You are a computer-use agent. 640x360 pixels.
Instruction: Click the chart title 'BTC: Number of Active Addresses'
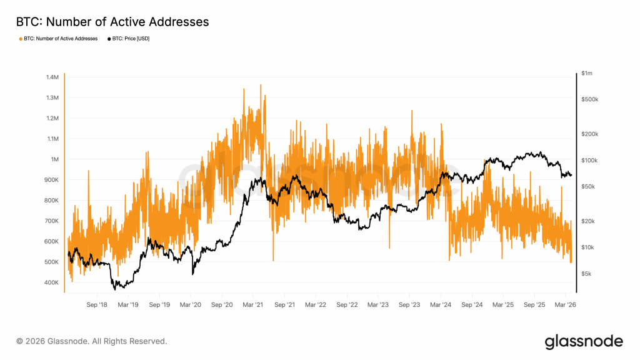112,22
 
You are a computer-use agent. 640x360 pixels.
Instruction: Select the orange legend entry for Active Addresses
60,39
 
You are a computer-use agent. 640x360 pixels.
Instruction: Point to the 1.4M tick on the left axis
52,77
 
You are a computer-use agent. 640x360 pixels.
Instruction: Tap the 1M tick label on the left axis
55,159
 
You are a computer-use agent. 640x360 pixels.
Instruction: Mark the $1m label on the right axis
586,74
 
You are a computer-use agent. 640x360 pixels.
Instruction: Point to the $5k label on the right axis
586,274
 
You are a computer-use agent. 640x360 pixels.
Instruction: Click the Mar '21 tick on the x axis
252,305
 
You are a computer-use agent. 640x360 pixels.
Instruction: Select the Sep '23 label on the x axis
409,305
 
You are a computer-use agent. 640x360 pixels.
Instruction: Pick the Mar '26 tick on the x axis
565,305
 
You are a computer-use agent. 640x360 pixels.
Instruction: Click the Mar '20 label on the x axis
190,305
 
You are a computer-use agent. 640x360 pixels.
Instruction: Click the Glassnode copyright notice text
91,341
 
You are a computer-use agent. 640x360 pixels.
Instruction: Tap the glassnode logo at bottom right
583,341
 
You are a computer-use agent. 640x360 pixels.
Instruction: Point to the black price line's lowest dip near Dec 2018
115,289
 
